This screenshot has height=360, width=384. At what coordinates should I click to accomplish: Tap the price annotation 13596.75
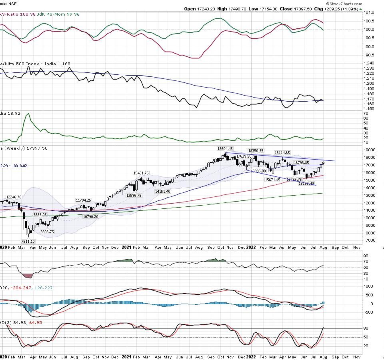point(135,195)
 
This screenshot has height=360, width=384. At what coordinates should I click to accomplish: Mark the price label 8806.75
point(44,232)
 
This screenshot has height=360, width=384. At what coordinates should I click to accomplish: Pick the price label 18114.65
point(282,152)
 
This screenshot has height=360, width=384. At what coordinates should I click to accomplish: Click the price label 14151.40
point(163,192)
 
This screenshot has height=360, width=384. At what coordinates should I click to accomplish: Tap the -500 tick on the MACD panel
point(369,312)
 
